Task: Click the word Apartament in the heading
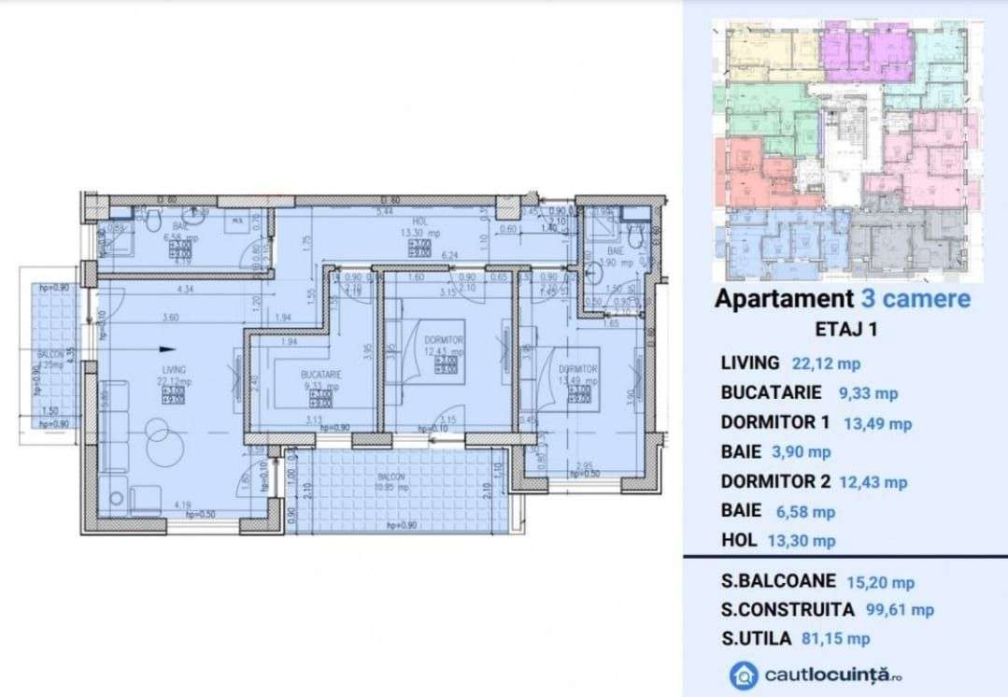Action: (x=781, y=299)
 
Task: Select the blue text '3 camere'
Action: (x=913, y=299)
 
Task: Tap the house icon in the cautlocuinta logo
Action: (x=745, y=675)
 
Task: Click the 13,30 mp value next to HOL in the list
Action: (x=802, y=541)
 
